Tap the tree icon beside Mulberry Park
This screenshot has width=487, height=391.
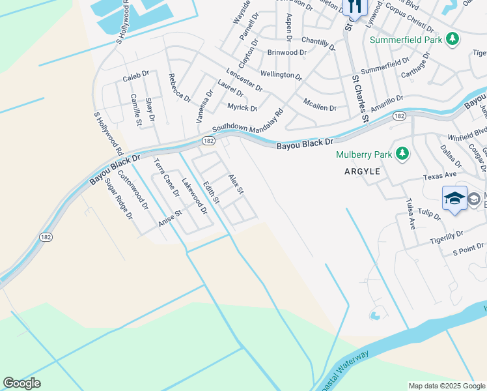[x=404, y=154]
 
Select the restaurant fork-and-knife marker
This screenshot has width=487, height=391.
[x=355, y=7]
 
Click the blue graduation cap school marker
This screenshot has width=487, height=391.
[x=454, y=198]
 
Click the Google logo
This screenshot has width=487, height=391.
[x=21, y=383]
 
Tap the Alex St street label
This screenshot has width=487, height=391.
[x=235, y=184]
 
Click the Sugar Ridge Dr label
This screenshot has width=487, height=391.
[x=118, y=198]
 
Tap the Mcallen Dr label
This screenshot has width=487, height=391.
[x=320, y=104]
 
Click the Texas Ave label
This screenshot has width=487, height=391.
[x=439, y=176]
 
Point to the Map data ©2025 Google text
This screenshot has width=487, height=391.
[x=446, y=386]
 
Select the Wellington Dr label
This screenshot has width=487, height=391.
[x=281, y=75]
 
